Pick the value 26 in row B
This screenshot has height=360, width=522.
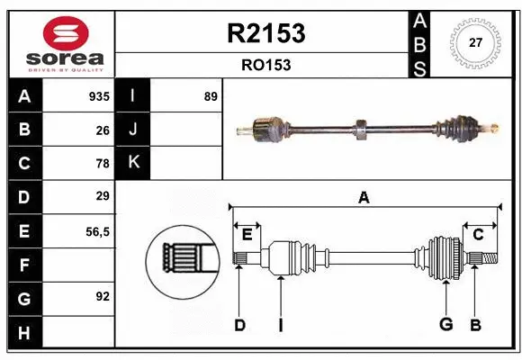click(x=103, y=130)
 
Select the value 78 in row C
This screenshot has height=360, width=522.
click(x=103, y=164)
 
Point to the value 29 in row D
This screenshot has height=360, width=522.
click(x=103, y=196)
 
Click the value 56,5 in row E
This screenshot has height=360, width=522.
click(x=97, y=231)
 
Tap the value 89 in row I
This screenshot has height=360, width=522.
click(x=211, y=96)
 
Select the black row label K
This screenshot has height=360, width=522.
click(x=133, y=163)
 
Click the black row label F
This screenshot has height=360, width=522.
click(x=23, y=265)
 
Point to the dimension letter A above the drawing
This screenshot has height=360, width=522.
click(x=364, y=197)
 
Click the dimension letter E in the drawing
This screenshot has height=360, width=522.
click(x=247, y=234)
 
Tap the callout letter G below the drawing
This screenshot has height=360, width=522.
click(x=445, y=324)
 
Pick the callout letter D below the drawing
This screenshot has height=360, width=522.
click(x=239, y=324)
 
